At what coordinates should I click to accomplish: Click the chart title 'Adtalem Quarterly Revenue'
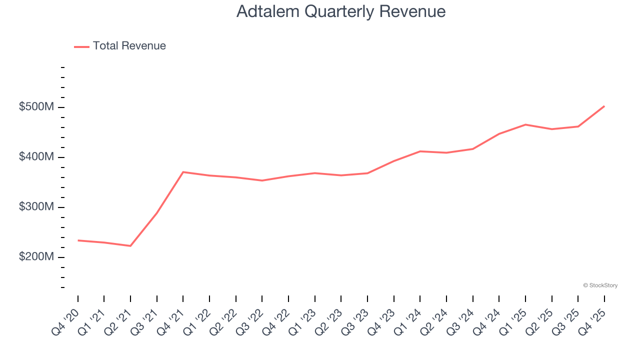tap(341, 11)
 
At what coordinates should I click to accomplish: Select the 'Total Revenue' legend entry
tap(129, 46)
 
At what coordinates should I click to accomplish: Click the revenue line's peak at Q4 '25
tap(604, 106)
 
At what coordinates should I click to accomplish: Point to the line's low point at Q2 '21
tap(130, 246)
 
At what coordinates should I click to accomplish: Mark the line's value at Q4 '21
tap(183, 172)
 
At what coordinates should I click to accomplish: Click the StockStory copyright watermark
tap(600, 285)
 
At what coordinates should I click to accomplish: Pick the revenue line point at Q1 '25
tap(525, 124)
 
